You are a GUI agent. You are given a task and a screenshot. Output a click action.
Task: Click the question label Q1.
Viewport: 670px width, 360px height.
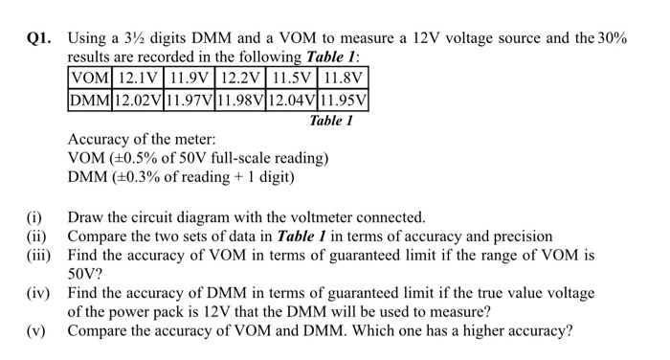[39, 39]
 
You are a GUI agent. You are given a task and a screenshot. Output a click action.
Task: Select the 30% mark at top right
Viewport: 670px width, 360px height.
[609, 39]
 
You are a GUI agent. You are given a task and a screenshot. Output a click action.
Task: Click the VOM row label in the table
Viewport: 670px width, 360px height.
[89, 78]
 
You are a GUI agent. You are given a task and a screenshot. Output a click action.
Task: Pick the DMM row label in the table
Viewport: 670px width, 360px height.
[90, 99]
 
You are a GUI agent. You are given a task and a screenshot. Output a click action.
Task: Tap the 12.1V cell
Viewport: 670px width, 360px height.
[139, 78]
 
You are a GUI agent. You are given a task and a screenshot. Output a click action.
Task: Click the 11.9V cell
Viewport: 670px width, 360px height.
[190, 78]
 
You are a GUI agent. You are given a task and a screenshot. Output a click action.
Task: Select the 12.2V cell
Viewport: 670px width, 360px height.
[242, 78]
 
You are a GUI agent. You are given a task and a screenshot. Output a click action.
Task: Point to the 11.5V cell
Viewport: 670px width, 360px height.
[294, 78]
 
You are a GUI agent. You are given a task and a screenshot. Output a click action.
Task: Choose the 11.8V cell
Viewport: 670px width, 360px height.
[345, 78]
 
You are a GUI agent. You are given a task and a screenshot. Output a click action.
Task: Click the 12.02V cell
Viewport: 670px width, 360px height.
[139, 99]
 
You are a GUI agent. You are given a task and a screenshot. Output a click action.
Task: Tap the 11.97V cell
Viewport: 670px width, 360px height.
[190, 99]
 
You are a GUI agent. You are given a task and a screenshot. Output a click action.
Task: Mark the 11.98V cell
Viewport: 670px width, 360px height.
[242, 99]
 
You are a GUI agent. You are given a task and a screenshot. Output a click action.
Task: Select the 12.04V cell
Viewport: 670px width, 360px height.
[294, 99]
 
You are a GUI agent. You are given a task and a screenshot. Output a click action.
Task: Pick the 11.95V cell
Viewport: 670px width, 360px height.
[345, 99]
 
